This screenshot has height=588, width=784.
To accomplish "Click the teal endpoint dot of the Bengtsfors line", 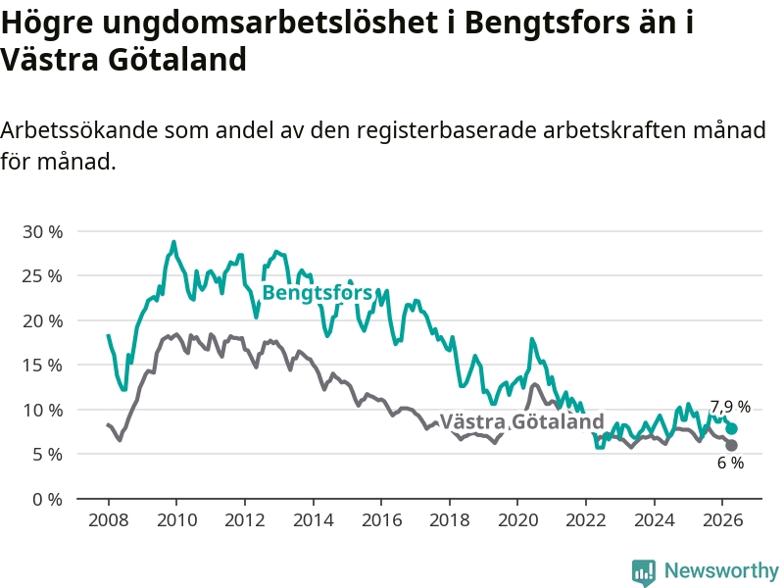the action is pos(731,428).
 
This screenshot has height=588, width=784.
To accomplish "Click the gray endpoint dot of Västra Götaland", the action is pos(731,446).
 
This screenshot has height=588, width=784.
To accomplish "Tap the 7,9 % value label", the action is pos(730,407).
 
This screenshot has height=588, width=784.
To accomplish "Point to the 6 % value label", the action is pos(730,463).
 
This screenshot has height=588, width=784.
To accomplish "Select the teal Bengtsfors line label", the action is pos(317,292).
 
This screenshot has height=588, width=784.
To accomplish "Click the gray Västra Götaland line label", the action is pos(522,421).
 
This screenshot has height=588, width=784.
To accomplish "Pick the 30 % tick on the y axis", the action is pos(43,231).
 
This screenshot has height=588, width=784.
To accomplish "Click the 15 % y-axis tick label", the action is pos(43,365).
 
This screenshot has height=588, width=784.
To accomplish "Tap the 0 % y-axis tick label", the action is pos(47,499).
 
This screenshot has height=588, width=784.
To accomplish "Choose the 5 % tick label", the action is pos(47,455).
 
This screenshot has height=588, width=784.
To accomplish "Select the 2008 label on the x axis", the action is pos(108,520).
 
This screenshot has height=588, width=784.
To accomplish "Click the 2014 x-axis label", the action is pos(313,520).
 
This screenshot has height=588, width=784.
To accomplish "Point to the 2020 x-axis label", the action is pos(518,520).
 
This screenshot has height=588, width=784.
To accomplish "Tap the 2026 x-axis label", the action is pos(722,520).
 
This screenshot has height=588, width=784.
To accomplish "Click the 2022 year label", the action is pos(586,520).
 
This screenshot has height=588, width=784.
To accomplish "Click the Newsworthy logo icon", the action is pos(644,572).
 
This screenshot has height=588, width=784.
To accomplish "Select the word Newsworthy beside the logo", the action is pos(721,570).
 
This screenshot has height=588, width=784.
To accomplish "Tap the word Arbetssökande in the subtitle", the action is pos(78,130).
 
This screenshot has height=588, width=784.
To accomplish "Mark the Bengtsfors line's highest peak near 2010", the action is pos(174,242).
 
